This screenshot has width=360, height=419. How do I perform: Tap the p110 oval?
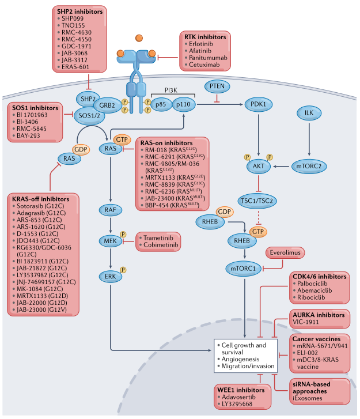(186, 104)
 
